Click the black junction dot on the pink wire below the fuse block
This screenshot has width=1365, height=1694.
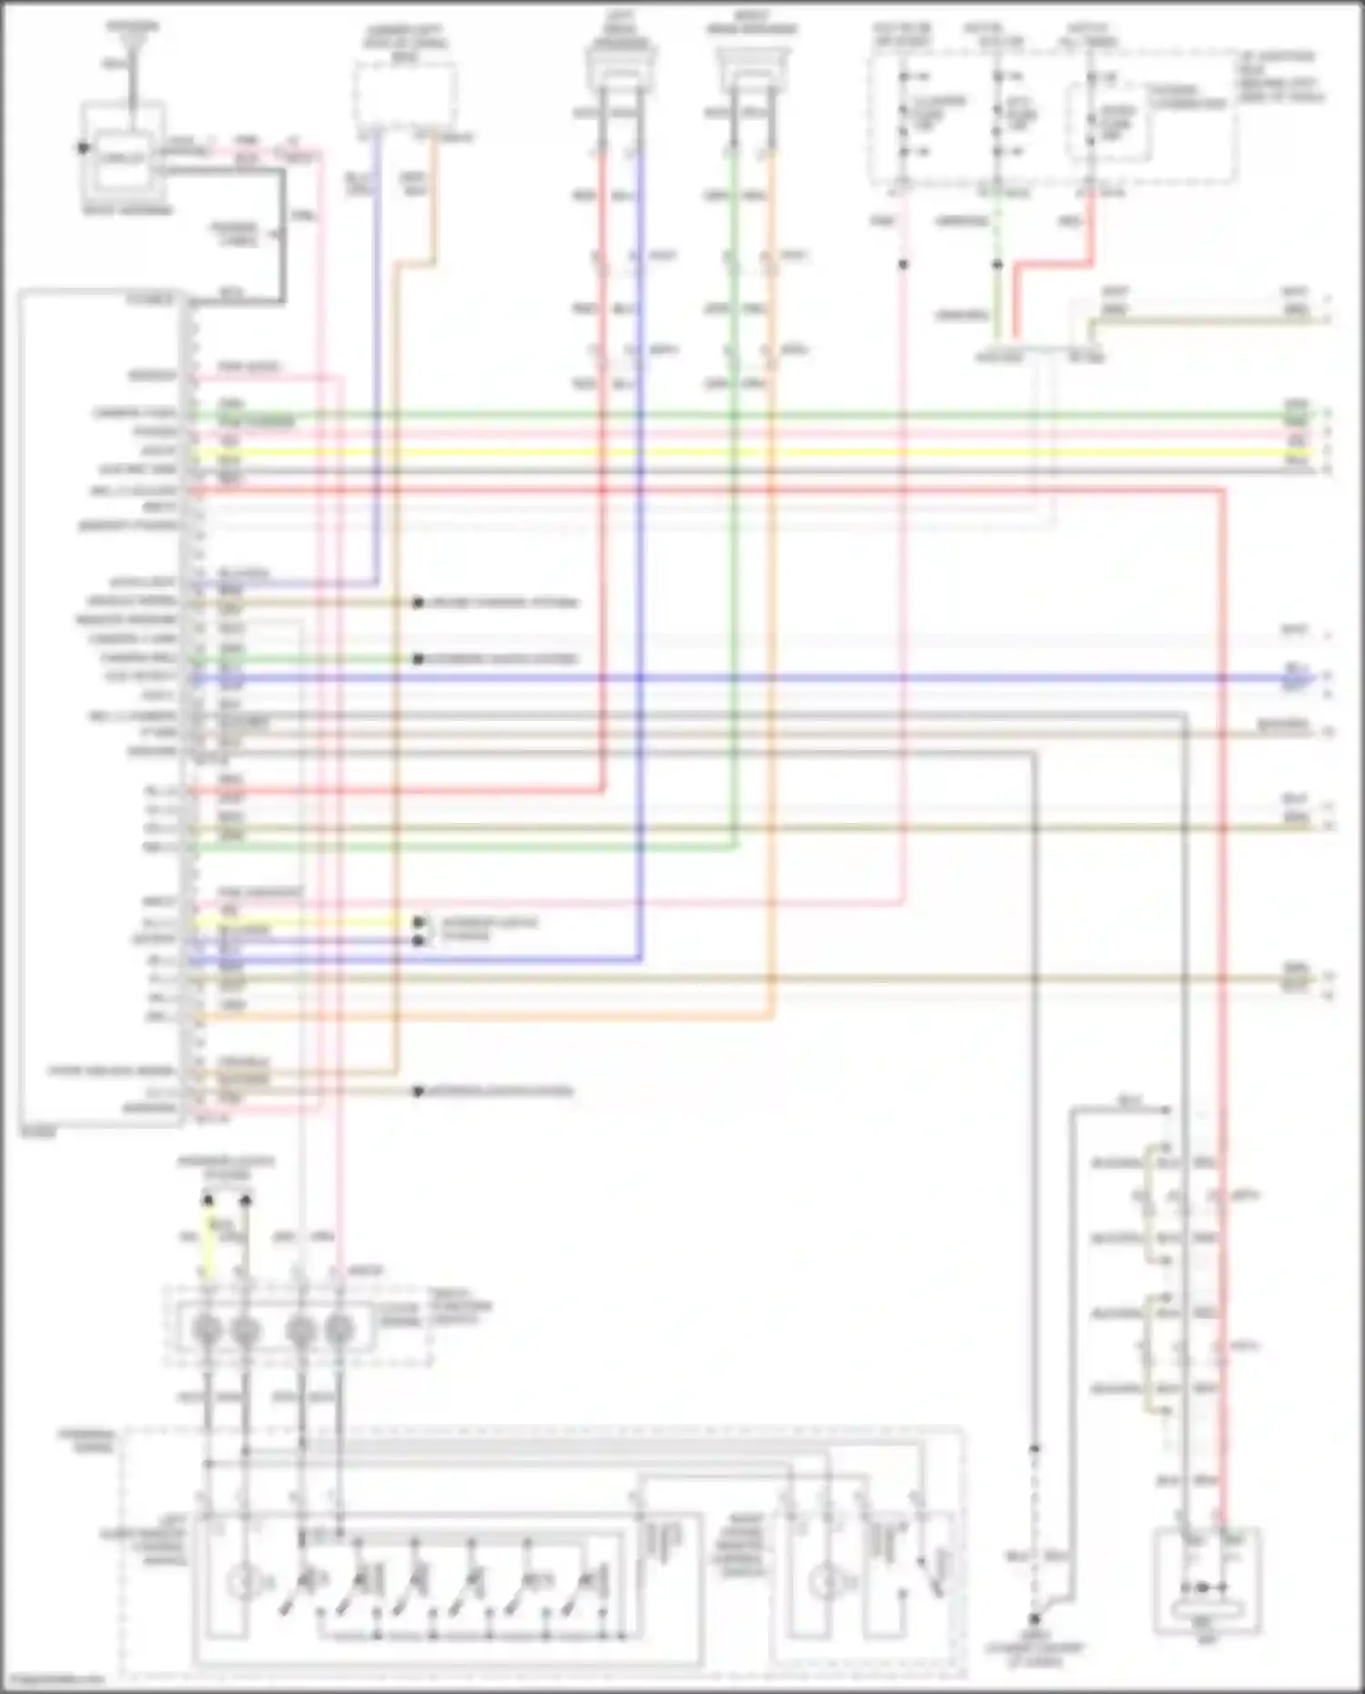click(x=904, y=264)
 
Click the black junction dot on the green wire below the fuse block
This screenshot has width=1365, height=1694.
click(x=997, y=264)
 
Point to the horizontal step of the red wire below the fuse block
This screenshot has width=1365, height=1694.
click(x=1054, y=264)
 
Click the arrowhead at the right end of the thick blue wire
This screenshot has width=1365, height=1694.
click(x=1307, y=677)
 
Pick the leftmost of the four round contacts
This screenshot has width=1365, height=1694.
click(x=207, y=1330)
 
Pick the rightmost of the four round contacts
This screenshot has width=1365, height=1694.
click(x=339, y=1330)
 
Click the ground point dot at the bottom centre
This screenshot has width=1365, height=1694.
click(x=1035, y=1619)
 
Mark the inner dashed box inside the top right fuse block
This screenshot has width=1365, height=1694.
click(x=1107, y=121)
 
